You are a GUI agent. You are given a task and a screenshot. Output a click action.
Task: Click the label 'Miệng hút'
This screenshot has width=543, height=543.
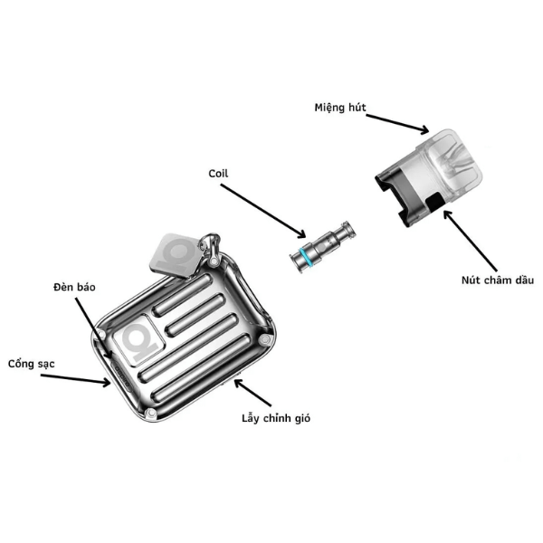click(x=339, y=108)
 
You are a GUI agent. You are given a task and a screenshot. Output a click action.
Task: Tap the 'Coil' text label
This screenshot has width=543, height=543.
click(x=218, y=173)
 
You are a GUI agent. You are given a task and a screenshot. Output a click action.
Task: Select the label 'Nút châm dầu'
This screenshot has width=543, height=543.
click(x=497, y=280)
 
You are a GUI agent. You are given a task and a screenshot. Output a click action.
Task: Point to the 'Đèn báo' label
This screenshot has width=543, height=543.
click(x=74, y=287)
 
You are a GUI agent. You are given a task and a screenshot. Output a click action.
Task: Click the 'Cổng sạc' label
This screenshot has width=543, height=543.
click(x=31, y=364)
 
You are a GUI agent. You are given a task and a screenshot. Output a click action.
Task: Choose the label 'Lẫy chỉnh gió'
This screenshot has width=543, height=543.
click(x=276, y=418)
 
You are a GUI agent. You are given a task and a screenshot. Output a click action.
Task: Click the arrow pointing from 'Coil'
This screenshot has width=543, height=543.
click(x=263, y=211)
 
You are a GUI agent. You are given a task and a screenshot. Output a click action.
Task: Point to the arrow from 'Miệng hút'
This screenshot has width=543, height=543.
click(x=397, y=124)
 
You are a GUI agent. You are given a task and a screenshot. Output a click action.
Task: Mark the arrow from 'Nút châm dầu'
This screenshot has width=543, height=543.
click(x=471, y=241)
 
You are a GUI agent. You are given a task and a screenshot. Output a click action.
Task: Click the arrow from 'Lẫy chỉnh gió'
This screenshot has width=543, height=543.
click(x=252, y=393)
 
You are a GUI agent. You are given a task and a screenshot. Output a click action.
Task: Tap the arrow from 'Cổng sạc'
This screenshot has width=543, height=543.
click(x=75, y=379)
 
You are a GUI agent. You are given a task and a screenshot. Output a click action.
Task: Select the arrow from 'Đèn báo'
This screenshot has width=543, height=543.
click(x=93, y=329)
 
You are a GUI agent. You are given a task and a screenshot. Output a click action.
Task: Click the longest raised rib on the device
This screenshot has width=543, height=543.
click(x=203, y=368)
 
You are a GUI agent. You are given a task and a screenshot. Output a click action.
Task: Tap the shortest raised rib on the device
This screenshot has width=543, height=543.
click(x=183, y=295)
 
